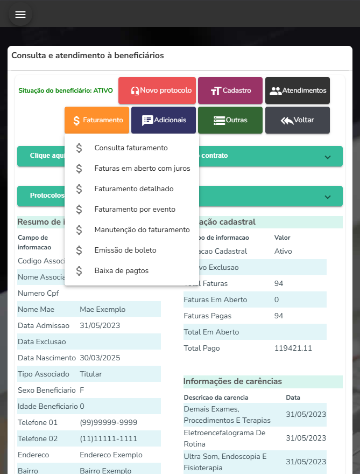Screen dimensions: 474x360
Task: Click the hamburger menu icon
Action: click(x=20, y=15)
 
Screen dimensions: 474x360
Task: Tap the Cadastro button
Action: click(x=230, y=90)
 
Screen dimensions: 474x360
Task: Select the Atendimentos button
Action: click(x=298, y=90)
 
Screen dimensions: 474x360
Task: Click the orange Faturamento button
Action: click(x=97, y=120)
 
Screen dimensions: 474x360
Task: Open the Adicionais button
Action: click(x=164, y=120)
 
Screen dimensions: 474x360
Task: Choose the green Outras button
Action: click(x=230, y=120)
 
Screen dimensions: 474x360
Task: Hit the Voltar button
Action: click(x=298, y=120)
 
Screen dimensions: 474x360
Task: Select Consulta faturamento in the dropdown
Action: click(x=131, y=148)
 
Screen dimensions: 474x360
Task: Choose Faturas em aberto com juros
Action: click(x=142, y=168)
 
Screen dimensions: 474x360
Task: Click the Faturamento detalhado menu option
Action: click(x=134, y=189)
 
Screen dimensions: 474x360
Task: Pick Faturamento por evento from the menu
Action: click(x=135, y=209)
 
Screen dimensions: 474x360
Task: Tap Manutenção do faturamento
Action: click(x=142, y=229)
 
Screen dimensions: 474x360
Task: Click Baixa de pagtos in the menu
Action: click(x=121, y=270)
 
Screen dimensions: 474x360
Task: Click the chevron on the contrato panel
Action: click(x=328, y=157)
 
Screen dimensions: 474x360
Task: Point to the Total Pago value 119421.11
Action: click(x=293, y=348)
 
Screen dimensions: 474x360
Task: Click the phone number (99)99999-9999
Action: click(x=108, y=422)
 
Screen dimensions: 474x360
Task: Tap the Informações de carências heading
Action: click(x=232, y=381)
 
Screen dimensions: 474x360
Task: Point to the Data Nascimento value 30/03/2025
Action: click(x=100, y=358)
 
